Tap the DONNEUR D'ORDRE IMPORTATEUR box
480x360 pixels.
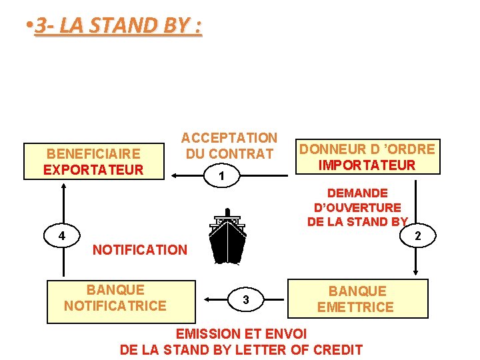pyautogui.click(x=367, y=157)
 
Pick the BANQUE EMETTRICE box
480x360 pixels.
pyautogui.click(x=357, y=299)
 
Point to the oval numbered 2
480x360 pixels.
pyautogui.click(x=417, y=235)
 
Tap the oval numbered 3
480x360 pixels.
pyautogui.click(x=246, y=300)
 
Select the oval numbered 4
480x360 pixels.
pyautogui.click(x=61, y=235)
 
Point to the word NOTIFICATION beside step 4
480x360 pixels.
pyautogui.click(x=140, y=250)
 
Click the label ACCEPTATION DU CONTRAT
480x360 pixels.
pyautogui.click(x=229, y=146)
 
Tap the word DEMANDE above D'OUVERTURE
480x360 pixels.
pyautogui.click(x=357, y=193)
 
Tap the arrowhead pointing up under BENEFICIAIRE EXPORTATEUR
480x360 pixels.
pyautogui.click(x=64, y=186)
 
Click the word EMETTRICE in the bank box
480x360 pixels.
pyautogui.click(x=355, y=307)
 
